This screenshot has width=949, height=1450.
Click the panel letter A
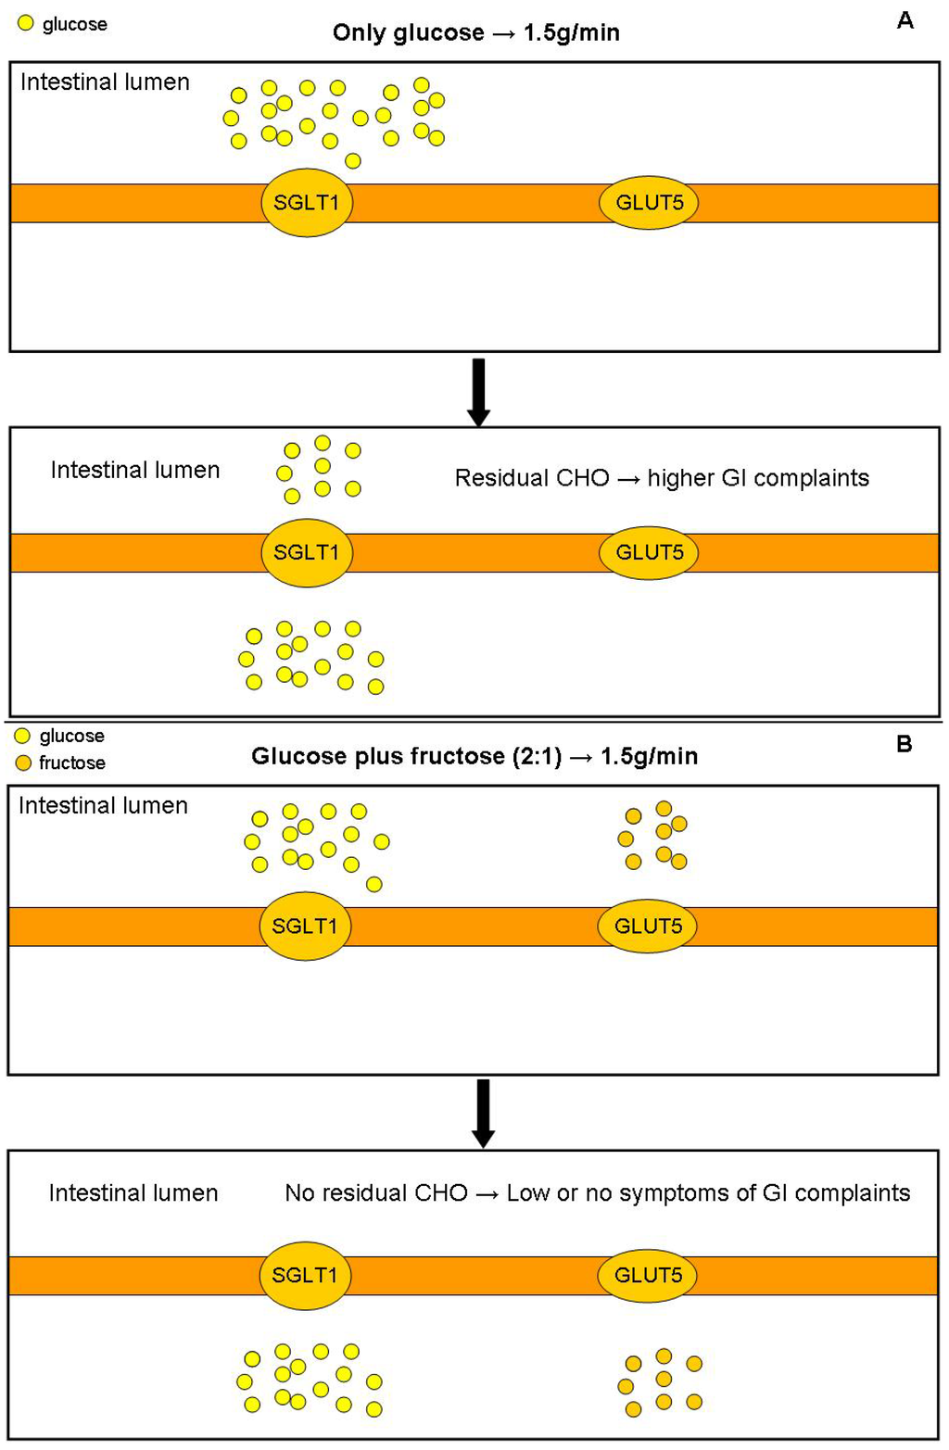[905, 20]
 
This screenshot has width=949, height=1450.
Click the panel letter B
[905, 744]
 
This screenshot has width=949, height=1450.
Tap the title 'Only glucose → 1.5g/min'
[476, 32]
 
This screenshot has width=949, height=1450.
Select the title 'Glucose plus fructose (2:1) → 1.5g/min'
[474, 756]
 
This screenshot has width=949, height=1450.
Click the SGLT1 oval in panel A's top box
[307, 202]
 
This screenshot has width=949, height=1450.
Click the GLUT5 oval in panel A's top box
[649, 202]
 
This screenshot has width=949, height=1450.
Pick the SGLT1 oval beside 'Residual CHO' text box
[307, 552]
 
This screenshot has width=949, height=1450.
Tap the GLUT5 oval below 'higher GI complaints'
[649, 552]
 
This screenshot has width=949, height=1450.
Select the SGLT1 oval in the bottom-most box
[305, 1275]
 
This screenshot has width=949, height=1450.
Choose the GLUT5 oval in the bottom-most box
[648, 1275]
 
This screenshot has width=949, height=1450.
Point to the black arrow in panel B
[483, 1113]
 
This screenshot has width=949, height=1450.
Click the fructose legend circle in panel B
[23, 763]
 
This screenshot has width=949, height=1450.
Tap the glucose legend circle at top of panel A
[26, 24]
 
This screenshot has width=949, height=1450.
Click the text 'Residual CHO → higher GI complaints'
[662, 478]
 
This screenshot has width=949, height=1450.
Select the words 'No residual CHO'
[376, 1192]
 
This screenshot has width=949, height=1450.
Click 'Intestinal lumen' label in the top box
[105, 82]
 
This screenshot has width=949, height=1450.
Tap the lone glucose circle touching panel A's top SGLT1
[352, 161]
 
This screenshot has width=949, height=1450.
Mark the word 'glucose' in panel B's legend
[71, 736]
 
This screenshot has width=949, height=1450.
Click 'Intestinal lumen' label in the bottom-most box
[133, 1192]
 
